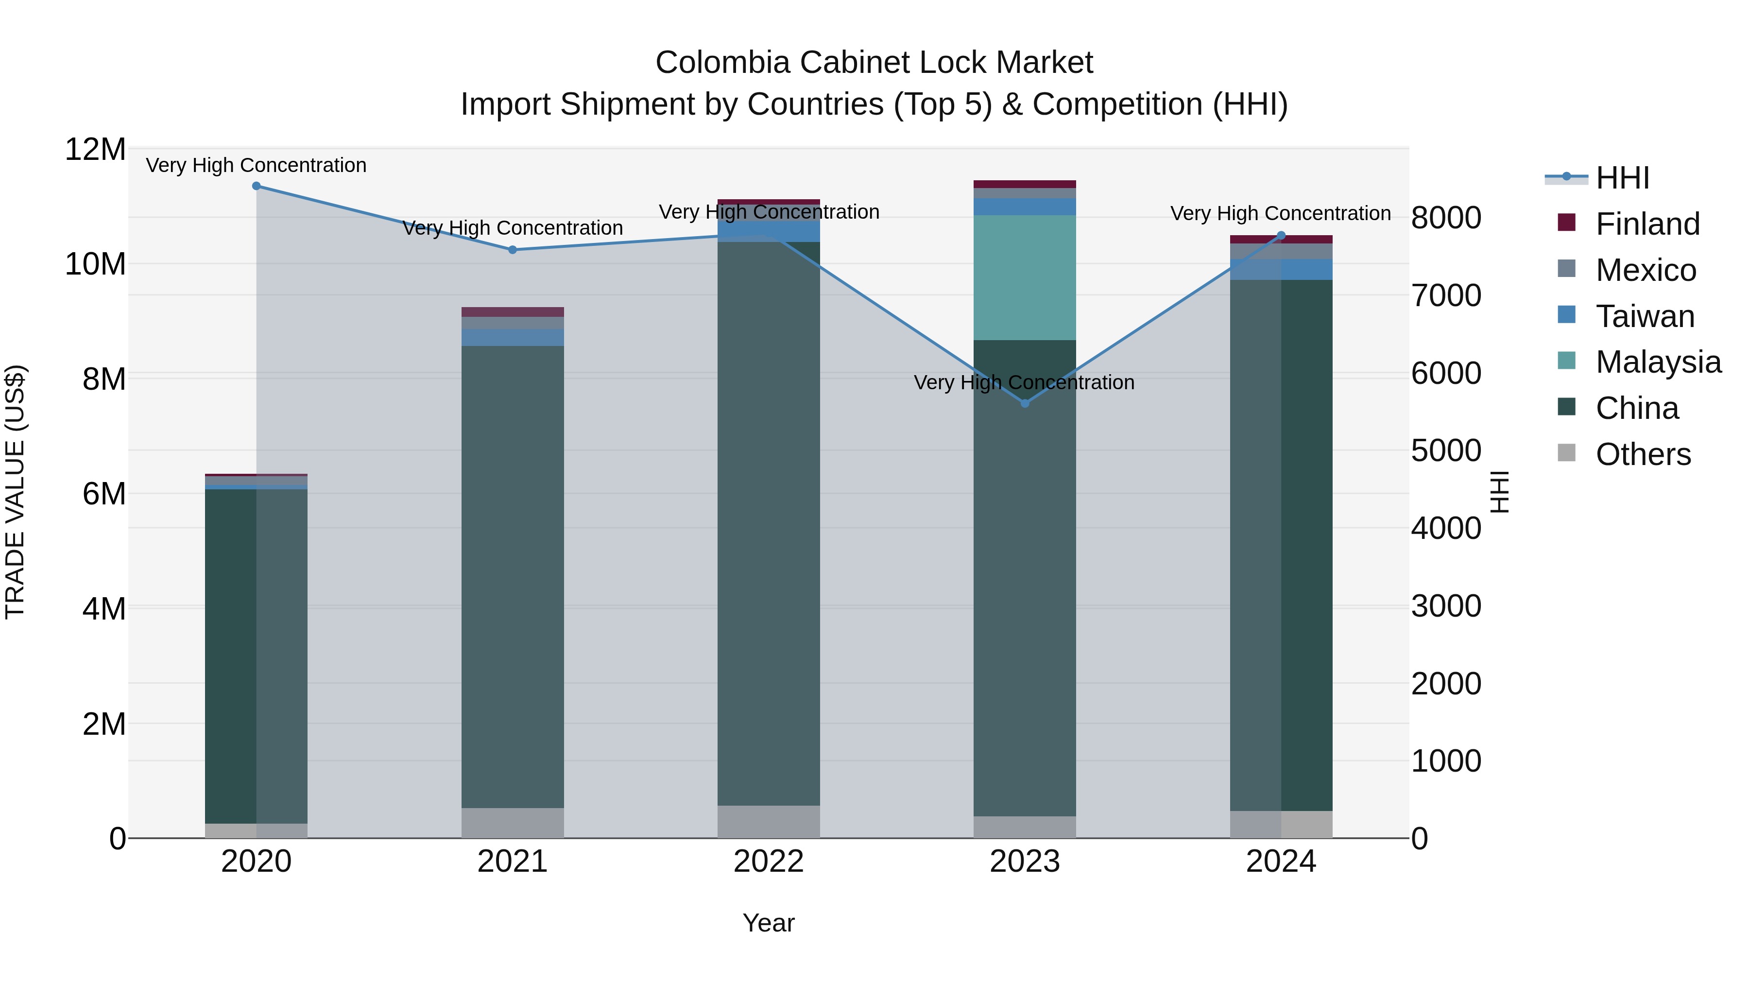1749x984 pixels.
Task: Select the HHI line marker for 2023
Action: click(1025, 403)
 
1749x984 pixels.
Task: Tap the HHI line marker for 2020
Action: click(256, 186)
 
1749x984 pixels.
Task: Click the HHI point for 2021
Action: click(513, 250)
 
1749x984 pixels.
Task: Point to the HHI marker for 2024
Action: click(1281, 236)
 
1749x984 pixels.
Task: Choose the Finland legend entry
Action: click(1647, 224)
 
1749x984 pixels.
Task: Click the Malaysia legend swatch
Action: click(1566, 361)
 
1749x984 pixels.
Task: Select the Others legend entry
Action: click(1643, 454)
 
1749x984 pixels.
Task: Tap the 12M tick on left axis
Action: click(95, 149)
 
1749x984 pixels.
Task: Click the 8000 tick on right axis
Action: click(1445, 218)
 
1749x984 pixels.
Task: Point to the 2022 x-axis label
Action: click(768, 862)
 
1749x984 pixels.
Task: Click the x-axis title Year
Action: click(768, 923)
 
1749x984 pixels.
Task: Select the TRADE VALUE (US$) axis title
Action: click(16, 492)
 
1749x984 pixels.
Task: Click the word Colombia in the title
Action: click(722, 63)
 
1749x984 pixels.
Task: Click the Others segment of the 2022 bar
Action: click(768, 822)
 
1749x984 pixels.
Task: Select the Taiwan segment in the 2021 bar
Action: click(513, 338)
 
